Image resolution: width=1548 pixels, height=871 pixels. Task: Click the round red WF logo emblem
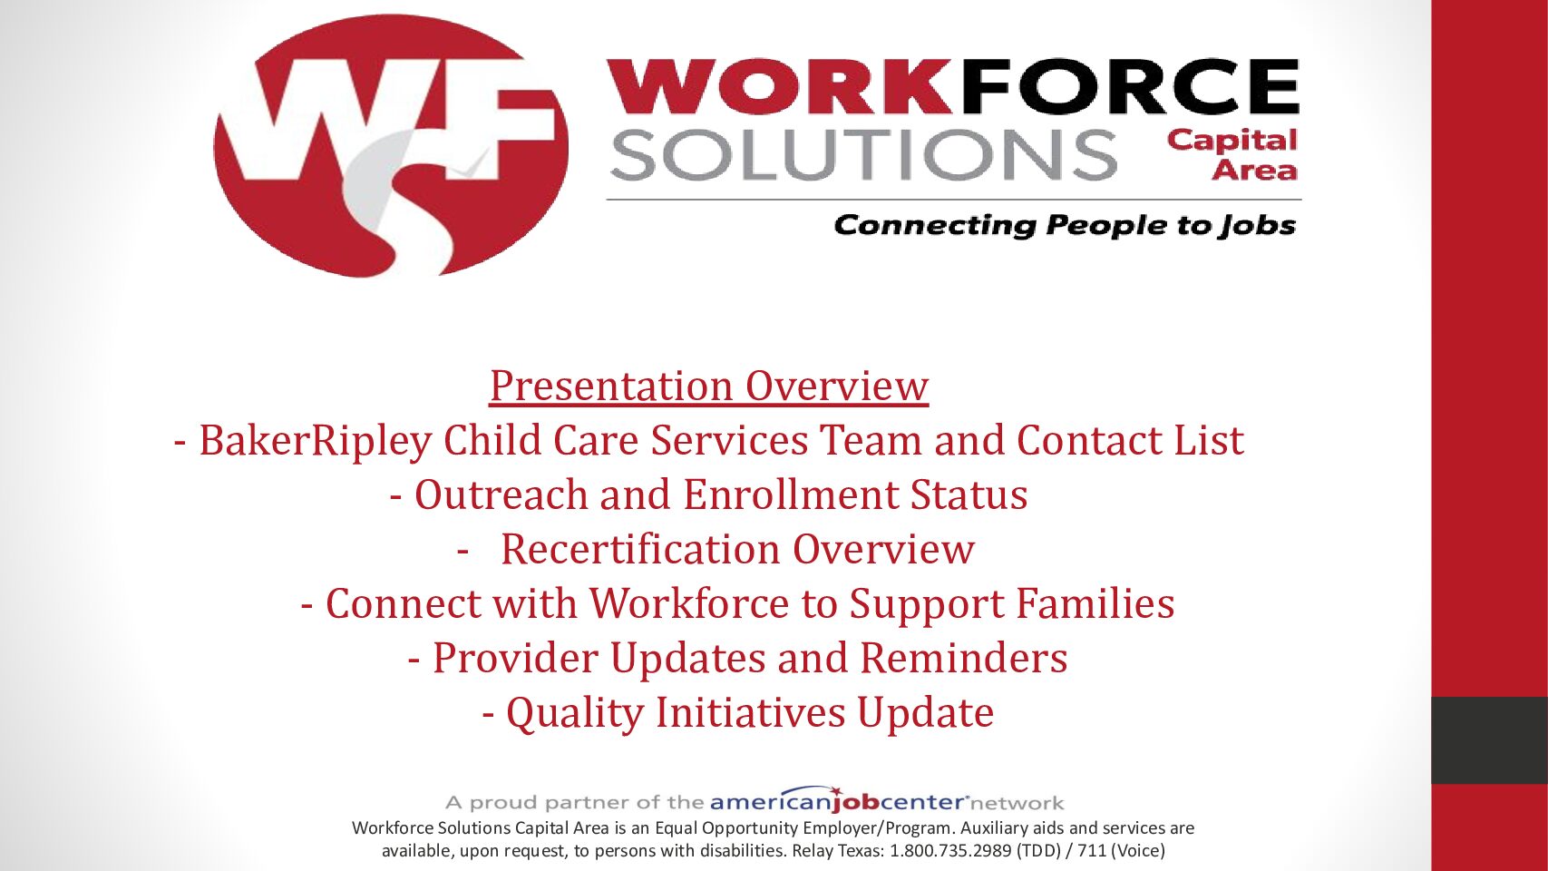[391, 146]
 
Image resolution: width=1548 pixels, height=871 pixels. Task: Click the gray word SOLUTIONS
[862, 154]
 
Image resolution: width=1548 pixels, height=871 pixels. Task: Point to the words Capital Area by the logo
[1232, 155]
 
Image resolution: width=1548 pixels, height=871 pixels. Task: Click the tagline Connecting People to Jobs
[1065, 225]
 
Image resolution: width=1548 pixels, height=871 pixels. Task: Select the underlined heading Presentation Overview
[709, 386]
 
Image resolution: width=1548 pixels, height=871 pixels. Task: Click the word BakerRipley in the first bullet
[315, 441]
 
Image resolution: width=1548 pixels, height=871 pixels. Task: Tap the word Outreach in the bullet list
[501, 495]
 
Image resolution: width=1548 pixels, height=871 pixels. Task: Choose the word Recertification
[640, 550]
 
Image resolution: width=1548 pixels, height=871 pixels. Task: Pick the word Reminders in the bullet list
[963, 658]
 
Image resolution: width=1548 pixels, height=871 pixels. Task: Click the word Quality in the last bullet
[574, 713]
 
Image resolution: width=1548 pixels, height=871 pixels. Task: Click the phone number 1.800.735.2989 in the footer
[950, 850]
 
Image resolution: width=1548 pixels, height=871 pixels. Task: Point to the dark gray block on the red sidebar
[1489, 740]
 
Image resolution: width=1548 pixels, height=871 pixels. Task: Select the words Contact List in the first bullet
[1130, 440]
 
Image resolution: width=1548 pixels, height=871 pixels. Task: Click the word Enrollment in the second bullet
[790, 495]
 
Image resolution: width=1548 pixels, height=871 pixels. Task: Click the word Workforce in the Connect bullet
[689, 603]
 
